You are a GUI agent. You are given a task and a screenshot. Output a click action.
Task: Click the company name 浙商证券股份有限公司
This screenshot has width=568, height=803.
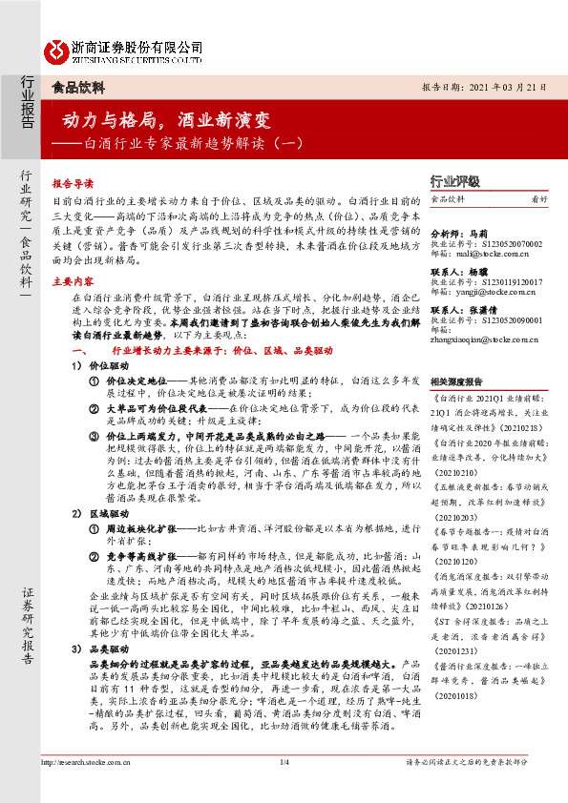[x=137, y=46]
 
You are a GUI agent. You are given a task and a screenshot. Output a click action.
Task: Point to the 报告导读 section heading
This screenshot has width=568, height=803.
[x=73, y=183]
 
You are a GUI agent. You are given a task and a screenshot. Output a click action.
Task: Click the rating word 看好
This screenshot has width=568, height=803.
[x=539, y=199]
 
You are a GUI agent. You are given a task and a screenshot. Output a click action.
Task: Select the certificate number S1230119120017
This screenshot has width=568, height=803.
[x=502, y=281]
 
